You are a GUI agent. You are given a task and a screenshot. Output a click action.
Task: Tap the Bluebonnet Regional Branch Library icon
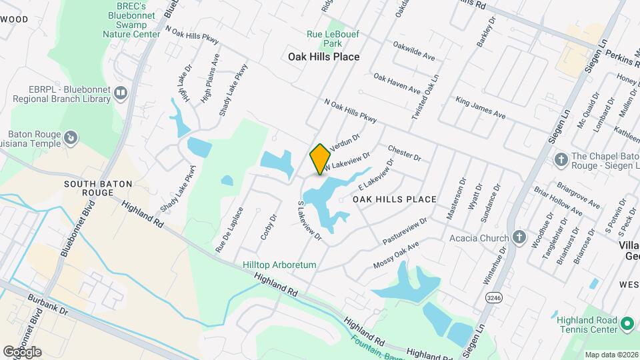coord(121,93)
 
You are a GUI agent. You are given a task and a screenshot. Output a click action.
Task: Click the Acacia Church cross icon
coord(519,238)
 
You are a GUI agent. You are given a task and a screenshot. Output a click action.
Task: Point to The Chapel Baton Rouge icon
coord(561,159)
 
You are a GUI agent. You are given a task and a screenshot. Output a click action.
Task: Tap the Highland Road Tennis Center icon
coord(627,324)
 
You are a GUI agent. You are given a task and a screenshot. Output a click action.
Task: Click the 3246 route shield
coord(494,297)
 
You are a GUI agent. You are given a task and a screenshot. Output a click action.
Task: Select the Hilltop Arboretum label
coord(279,265)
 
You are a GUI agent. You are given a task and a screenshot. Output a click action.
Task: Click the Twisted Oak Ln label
coord(425,97)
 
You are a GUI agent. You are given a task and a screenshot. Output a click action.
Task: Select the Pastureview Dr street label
coord(405,231)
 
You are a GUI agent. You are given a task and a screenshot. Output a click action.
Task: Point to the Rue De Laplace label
coord(229,230)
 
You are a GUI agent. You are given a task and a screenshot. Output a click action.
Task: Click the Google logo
coord(22,351)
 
